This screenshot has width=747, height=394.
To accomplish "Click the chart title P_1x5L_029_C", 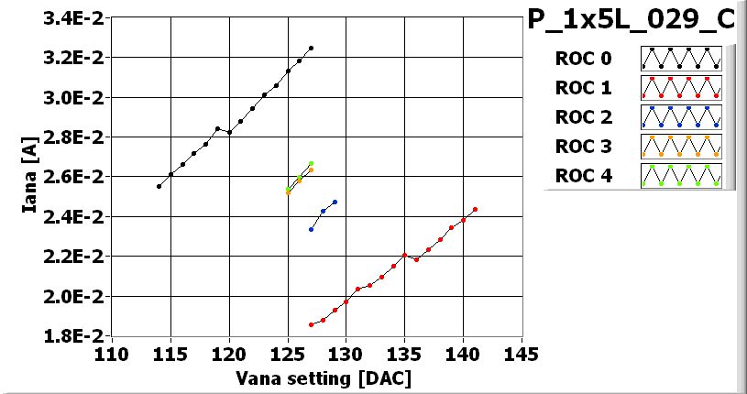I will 636,20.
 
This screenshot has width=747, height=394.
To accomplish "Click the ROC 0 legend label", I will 583,60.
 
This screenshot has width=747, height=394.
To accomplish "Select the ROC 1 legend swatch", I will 681,88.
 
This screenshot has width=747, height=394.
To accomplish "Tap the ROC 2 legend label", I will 583,116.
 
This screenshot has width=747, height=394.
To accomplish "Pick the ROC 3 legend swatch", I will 681,146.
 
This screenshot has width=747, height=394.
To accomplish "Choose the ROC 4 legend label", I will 583,175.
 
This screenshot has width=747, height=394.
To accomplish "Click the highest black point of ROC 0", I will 311,48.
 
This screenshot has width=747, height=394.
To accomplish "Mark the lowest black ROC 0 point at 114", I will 159,186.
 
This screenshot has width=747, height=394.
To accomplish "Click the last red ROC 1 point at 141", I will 475,210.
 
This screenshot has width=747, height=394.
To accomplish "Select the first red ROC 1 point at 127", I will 312,324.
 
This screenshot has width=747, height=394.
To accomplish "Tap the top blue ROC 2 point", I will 335,202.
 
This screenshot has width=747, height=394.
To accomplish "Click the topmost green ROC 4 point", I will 311,163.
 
